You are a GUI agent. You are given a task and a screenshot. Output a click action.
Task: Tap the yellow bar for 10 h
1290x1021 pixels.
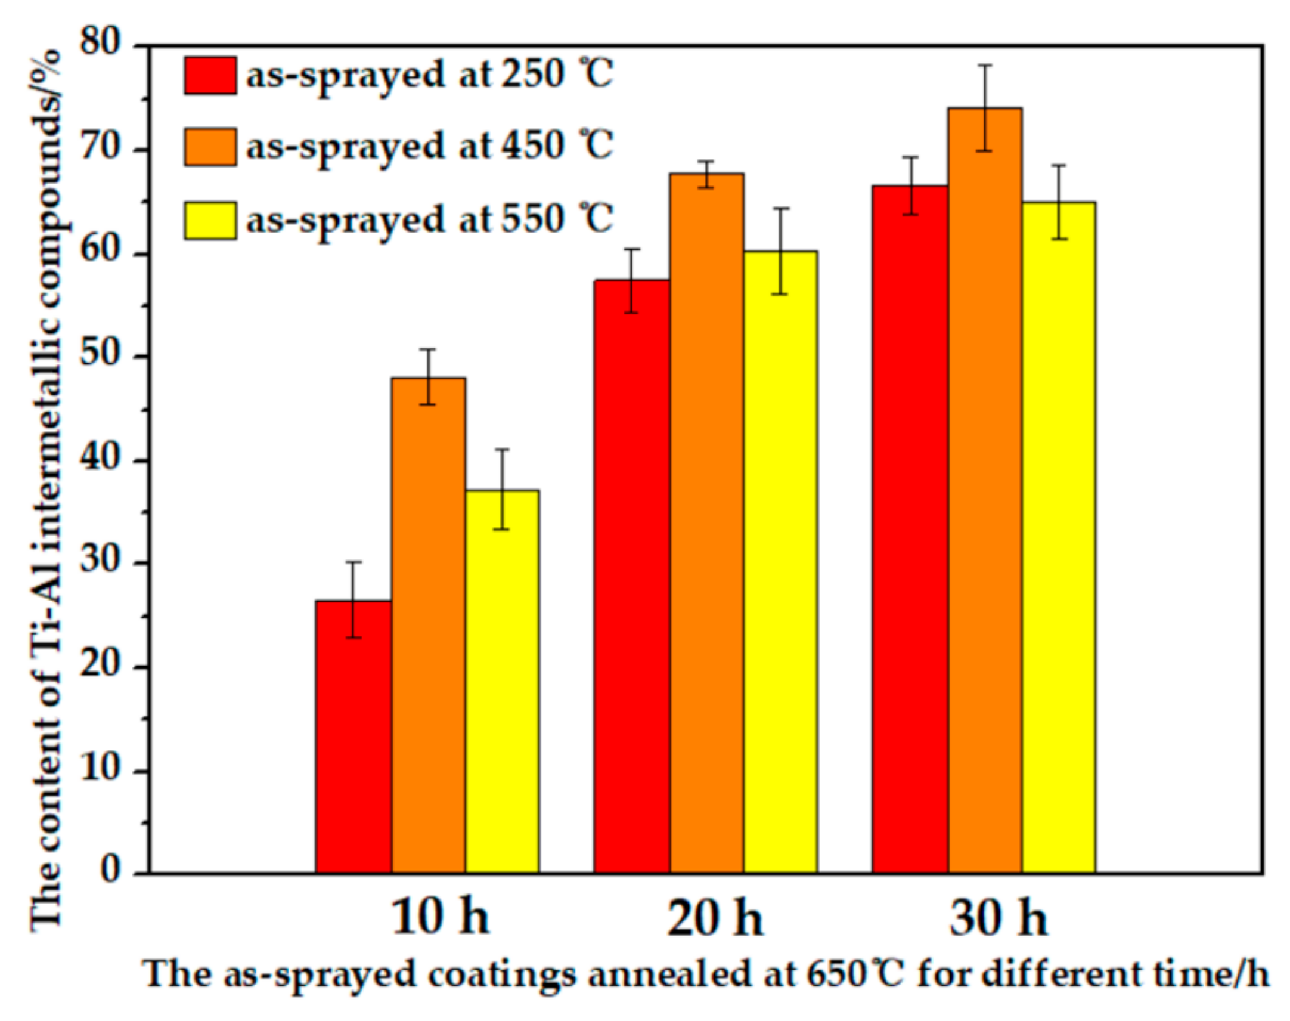coord(503,682)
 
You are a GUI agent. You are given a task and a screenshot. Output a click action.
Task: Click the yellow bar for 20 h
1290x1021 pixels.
coord(781,562)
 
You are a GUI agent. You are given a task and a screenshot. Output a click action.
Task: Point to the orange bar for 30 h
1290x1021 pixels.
coord(985,490)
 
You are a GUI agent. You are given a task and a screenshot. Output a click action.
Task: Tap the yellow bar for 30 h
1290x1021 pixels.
coord(1059,538)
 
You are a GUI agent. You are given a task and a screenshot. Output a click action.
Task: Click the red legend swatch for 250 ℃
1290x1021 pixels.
coord(210,75)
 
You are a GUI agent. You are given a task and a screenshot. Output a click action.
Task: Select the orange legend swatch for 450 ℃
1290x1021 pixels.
coord(210,147)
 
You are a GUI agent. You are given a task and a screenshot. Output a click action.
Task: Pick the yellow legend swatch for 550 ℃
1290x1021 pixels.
coord(210,220)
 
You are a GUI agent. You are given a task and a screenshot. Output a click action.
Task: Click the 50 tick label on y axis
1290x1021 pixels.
coord(101,355)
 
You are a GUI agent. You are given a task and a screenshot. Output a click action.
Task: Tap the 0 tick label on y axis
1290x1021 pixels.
coord(111,873)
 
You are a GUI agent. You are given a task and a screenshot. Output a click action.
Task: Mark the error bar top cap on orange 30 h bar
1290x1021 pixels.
coord(985,64)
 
